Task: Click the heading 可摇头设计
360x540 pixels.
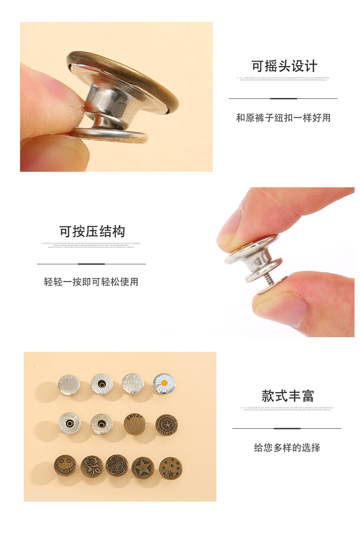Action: tap(284, 66)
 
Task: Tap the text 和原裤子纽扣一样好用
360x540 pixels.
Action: tap(283, 118)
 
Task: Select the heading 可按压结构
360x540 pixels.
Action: tap(92, 231)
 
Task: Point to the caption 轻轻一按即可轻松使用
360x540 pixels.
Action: tap(91, 282)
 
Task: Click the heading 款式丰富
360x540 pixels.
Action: tap(288, 396)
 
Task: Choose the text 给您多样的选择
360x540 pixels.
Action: tap(287, 448)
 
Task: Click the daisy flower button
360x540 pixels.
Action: tap(164, 384)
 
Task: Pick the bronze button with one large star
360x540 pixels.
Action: tap(143, 468)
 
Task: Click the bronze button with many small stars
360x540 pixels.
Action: tap(170, 468)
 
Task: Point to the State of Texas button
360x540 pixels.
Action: tap(166, 425)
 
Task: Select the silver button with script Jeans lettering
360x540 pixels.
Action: tap(133, 384)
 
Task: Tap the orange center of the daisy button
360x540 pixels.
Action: tap(164, 383)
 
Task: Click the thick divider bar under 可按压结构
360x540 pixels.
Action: tap(91, 264)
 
